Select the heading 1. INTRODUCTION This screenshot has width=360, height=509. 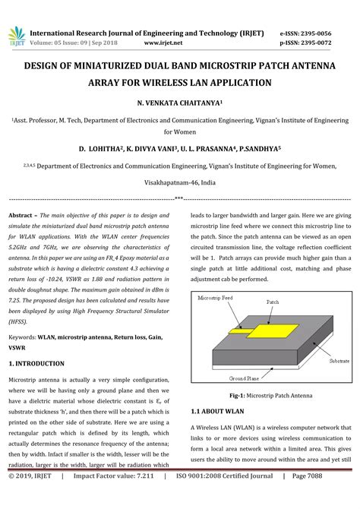click(x=36, y=364)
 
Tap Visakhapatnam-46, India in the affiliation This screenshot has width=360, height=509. click(x=179, y=183)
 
